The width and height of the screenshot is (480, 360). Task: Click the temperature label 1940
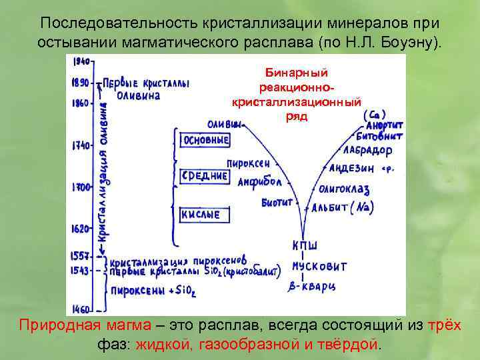click(x=82, y=61)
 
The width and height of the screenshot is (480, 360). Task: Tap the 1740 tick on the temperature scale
click(x=81, y=145)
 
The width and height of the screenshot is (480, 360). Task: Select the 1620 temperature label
click(x=81, y=229)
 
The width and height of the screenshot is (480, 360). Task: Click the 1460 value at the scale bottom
click(x=81, y=309)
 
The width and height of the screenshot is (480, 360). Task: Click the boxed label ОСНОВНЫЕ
click(x=205, y=141)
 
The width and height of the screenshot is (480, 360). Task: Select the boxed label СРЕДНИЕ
click(x=205, y=176)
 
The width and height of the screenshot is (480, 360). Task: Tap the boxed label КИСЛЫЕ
click(x=204, y=215)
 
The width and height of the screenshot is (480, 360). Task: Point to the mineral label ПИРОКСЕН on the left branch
click(x=248, y=163)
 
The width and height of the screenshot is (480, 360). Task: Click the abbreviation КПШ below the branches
click(x=304, y=246)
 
